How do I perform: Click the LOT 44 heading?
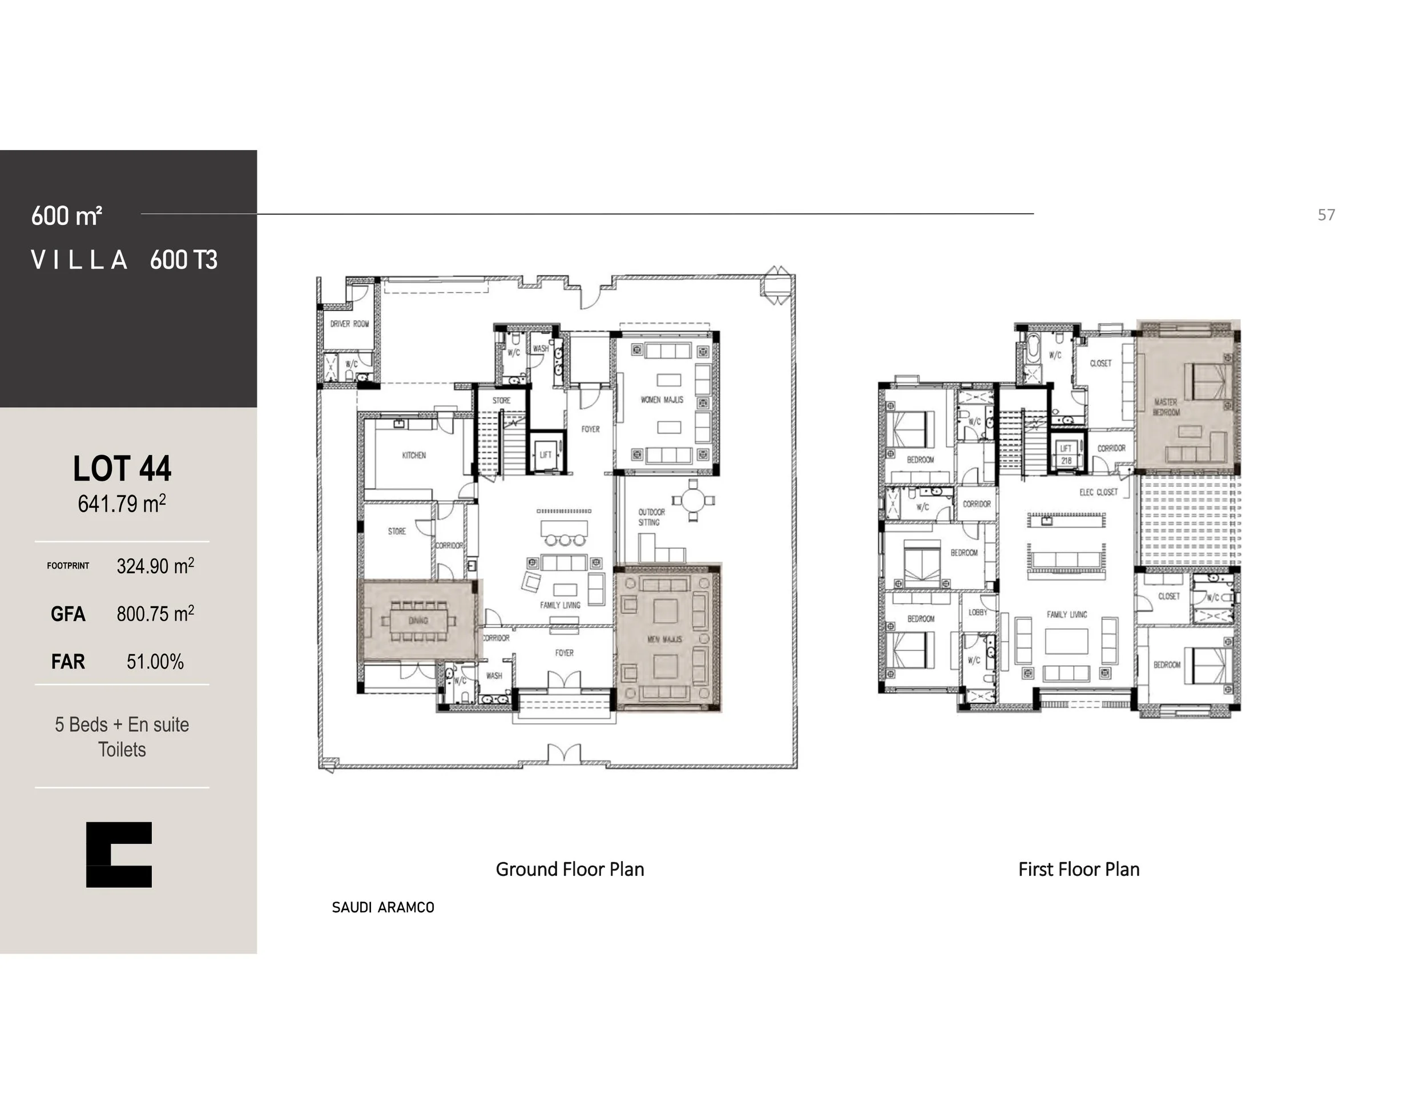pyautogui.click(x=122, y=469)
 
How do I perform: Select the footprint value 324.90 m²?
pyautogui.click(x=155, y=566)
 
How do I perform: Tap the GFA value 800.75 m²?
pyautogui.click(x=155, y=614)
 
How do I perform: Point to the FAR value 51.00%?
pyautogui.click(x=155, y=661)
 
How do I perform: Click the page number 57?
pyautogui.click(x=1326, y=215)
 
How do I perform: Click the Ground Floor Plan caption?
pyautogui.click(x=570, y=869)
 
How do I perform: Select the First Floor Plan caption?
pyautogui.click(x=1079, y=869)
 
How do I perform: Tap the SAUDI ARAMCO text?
pyautogui.click(x=383, y=908)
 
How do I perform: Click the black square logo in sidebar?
pyautogui.click(x=119, y=855)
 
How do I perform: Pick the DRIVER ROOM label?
pyautogui.click(x=349, y=324)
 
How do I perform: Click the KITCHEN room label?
pyautogui.click(x=414, y=456)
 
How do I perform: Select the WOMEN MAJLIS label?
pyautogui.click(x=662, y=400)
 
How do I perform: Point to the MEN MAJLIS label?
pyautogui.click(x=664, y=639)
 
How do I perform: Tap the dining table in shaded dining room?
pyautogui.click(x=418, y=620)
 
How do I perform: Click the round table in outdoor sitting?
pyautogui.click(x=694, y=501)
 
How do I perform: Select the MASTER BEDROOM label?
pyautogui.click(x=1166, y=407)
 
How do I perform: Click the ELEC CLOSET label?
pyautogui.click(x=1098, y=492)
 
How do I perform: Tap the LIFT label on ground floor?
pyautogui.click(x=546, y=454)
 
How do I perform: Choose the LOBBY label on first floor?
pyautogui.click(x=977, y=612)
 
